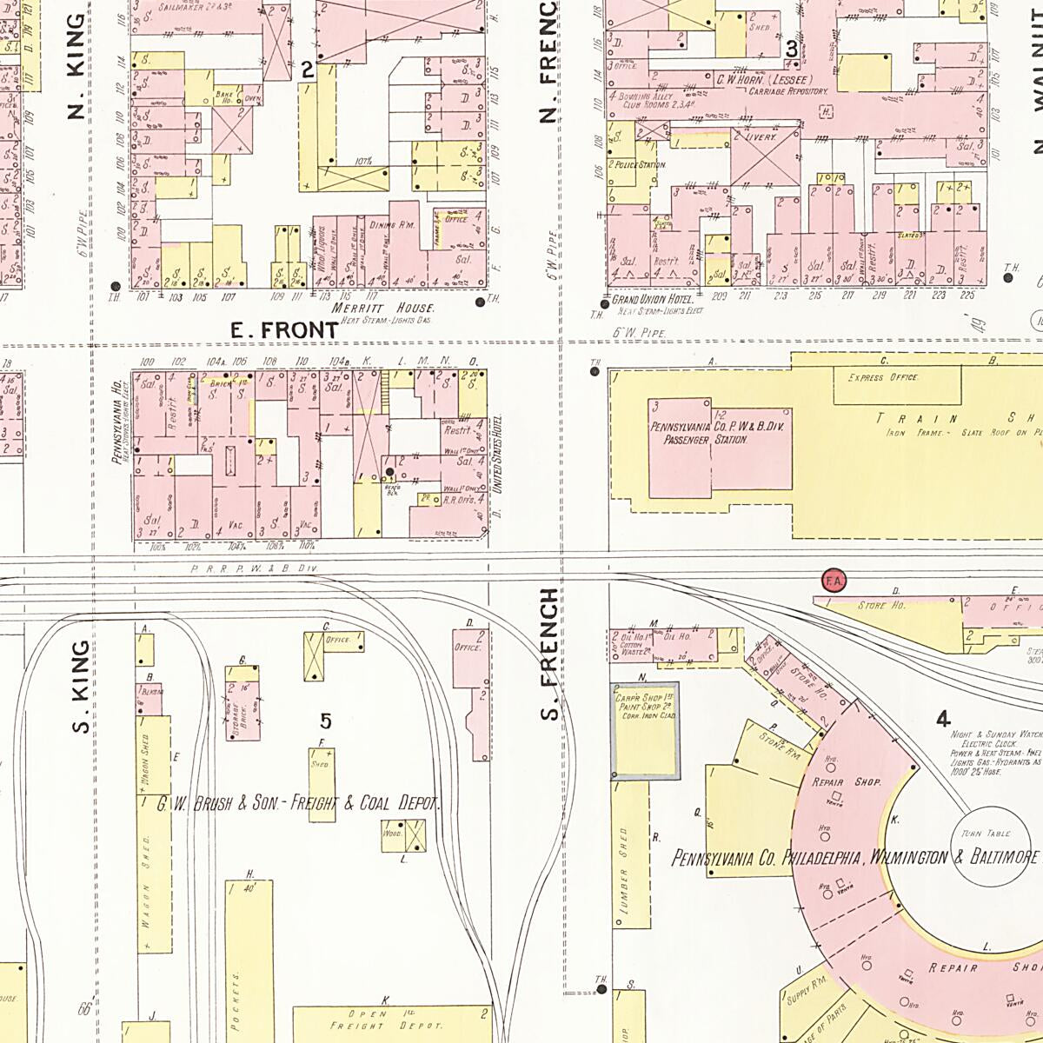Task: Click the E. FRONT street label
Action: [x=284, y=330]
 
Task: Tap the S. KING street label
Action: [x=81, y=687]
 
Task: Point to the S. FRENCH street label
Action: [x=549, y=654]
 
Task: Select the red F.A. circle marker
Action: [x=834, y=580]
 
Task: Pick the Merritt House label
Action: [x=398, y=309]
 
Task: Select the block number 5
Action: [x=326, y=721]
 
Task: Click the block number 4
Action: [x=943, y=719]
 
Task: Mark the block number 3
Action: [x=792, y=50]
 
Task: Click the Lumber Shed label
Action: [x=623, y=869]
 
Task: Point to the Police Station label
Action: [x=640, y=164]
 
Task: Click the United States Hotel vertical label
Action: [x=498, y=455]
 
